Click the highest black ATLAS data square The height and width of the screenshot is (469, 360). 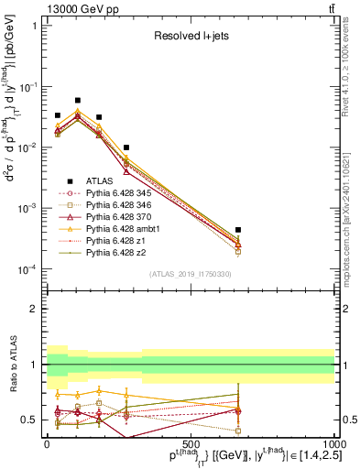(x=78, y=100)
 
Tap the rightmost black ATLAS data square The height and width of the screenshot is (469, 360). (x=238, y=230)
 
